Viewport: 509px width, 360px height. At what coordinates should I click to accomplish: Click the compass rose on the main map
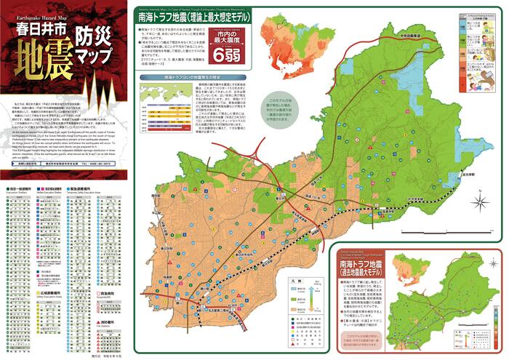tap(481, 197)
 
